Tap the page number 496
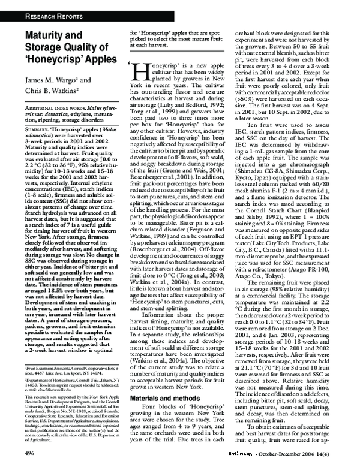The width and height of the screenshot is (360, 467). point(15,456)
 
